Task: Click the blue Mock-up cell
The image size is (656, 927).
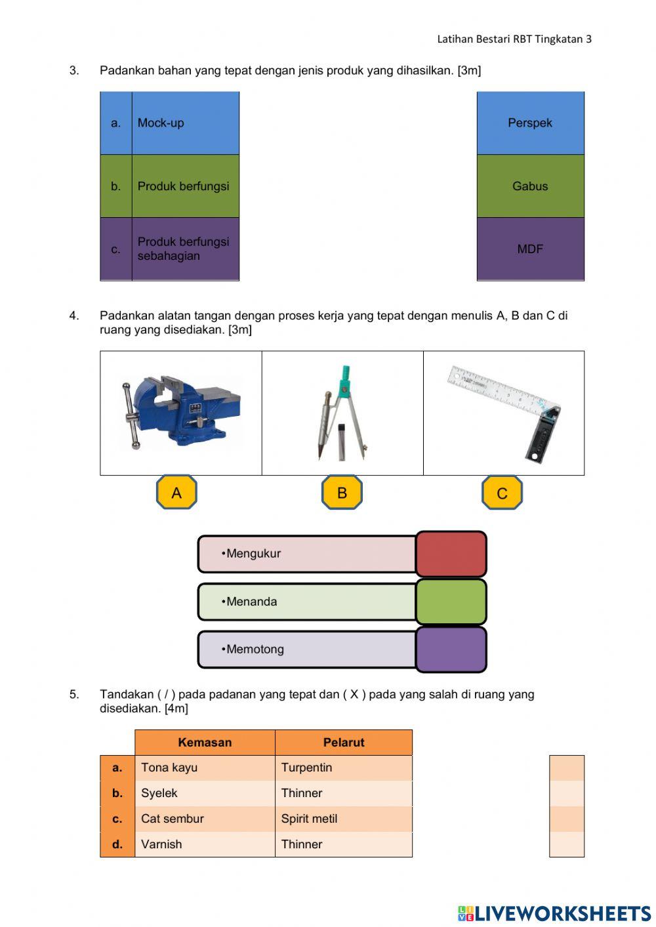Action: tap(185, 123)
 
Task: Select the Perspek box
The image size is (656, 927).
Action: tap(530, 123)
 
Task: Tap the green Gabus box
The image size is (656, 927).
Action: tap(530, 186)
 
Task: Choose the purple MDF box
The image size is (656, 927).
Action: tap(530, 249)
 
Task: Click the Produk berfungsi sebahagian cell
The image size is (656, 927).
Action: tap(185, 249)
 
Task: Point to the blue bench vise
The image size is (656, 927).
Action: tap(180, 412)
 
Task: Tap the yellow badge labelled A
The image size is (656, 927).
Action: tap(176, 493)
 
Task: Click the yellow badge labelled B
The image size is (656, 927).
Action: tap(342, 493)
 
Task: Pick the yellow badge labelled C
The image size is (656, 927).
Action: tap(502, 493)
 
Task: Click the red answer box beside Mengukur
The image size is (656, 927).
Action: tap(451, 554)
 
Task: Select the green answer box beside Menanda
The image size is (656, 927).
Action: tap(451, 602)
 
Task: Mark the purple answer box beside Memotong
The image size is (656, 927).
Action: tap(451, 649)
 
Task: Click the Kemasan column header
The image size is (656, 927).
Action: tap(205, 743)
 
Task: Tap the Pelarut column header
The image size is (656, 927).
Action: tap(344, 743)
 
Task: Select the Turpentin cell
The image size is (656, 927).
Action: tap(344, 768)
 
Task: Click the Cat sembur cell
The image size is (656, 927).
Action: tap(205, 819)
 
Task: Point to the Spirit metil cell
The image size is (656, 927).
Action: tap(344, 819)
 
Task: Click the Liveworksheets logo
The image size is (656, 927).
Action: tap(554, 913)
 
